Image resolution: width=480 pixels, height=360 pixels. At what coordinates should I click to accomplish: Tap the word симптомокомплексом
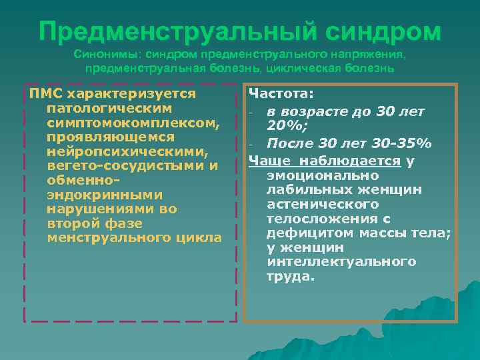point(133,122)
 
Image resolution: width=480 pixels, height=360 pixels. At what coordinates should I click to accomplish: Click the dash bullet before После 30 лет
point(253,145)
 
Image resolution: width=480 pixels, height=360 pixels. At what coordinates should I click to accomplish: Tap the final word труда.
point(290,277)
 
